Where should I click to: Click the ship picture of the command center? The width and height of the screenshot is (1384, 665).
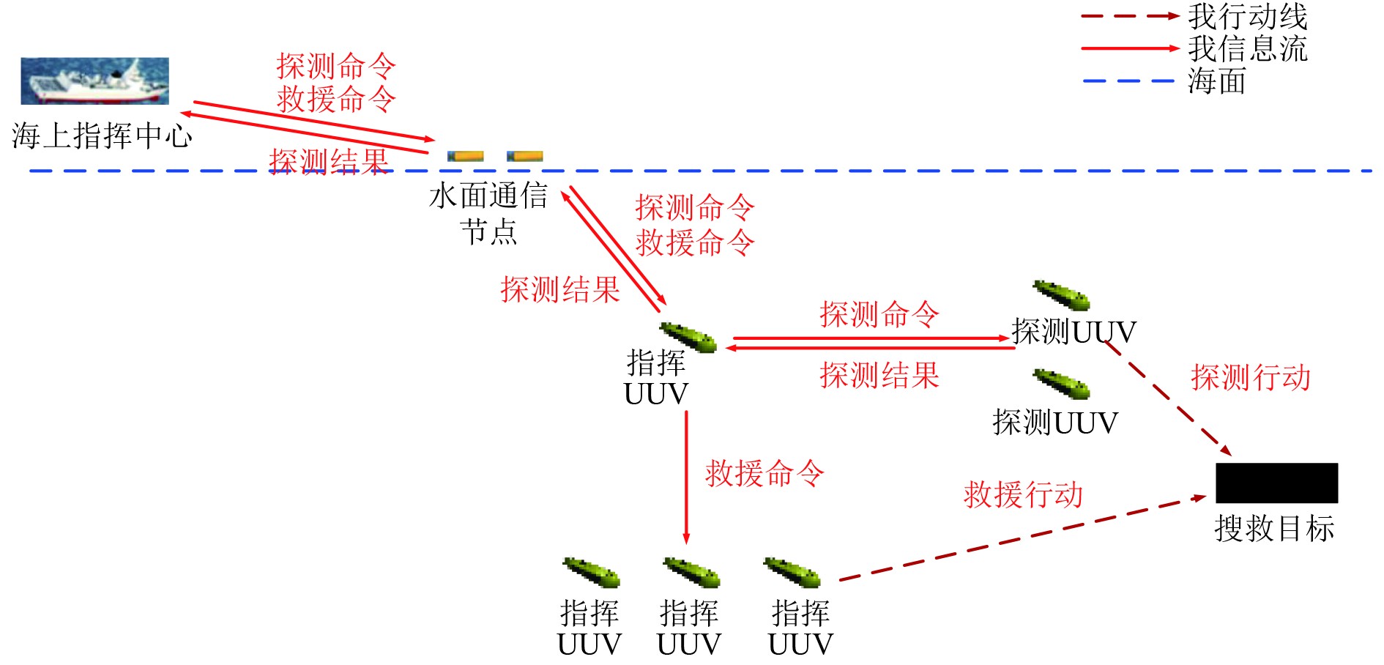coord(94,81)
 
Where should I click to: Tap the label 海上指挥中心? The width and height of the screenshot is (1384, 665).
coord(102,136)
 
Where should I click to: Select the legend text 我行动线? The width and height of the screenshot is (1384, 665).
coord(1247,16)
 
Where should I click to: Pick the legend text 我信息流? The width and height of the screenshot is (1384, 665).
coord(1247,48)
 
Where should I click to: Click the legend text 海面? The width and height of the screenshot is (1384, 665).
coord(1217,81)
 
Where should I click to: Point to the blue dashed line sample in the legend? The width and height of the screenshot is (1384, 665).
coord(1128,81)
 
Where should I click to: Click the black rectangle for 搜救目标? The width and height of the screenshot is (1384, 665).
coord(1276,483)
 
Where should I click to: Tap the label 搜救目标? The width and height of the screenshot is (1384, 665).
coord(1274,528)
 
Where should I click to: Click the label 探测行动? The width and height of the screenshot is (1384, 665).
coord(1250,377)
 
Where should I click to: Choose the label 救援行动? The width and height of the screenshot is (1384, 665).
coord(1023,494)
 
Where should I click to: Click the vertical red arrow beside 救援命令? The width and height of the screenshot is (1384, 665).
coord(686,476)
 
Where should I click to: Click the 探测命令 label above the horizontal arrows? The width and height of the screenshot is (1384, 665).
coord(879,314)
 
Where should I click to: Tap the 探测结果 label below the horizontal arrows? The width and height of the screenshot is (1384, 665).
coord(879,375)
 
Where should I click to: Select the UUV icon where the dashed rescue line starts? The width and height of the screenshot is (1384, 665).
coord(792,572)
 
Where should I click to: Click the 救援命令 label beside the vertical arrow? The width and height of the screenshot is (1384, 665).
coord(764,474)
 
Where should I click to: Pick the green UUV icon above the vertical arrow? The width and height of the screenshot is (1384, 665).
coord(688,337)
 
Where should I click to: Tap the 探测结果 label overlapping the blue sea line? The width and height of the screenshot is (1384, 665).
coord(328,161)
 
